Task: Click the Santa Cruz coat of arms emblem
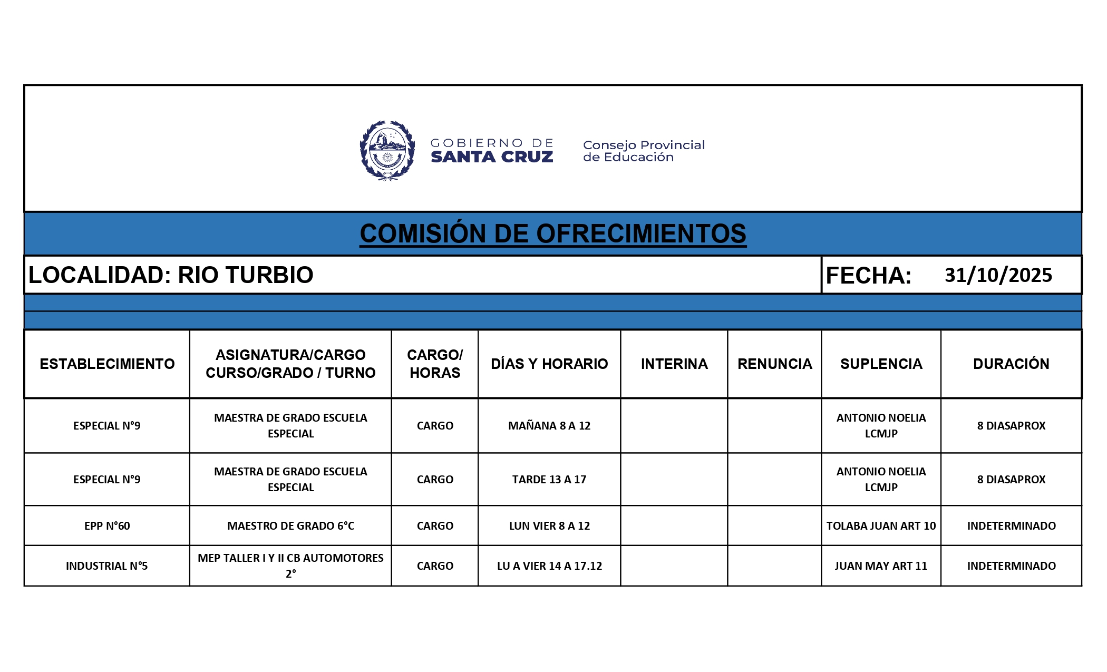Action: coord(387,150)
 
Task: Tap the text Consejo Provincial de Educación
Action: coord(643,151)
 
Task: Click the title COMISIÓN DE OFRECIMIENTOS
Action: coord(553,233)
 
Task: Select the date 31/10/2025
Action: coord(998,275)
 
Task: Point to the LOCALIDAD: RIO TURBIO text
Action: coord(171,275)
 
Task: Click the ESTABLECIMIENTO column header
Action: coord(107,364)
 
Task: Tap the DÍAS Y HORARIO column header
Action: coord(549,364)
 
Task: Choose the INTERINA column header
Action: coord(674,364)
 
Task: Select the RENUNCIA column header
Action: coord(774,364)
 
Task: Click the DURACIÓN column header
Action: coord(1011,364)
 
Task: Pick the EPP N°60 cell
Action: coord(107,525)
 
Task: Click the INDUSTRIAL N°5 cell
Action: coord(107,566)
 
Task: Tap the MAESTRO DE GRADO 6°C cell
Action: coord(290,525)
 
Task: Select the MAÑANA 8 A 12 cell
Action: coord(549,425)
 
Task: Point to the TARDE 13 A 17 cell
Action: coord(549,479)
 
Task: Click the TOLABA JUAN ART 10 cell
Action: coord(881,525)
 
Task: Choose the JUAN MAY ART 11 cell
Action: coord(881,566)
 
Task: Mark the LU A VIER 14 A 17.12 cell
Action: coord(549,566)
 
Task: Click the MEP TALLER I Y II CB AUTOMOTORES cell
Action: coord(290,565)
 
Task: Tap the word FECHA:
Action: coord(868,276)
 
